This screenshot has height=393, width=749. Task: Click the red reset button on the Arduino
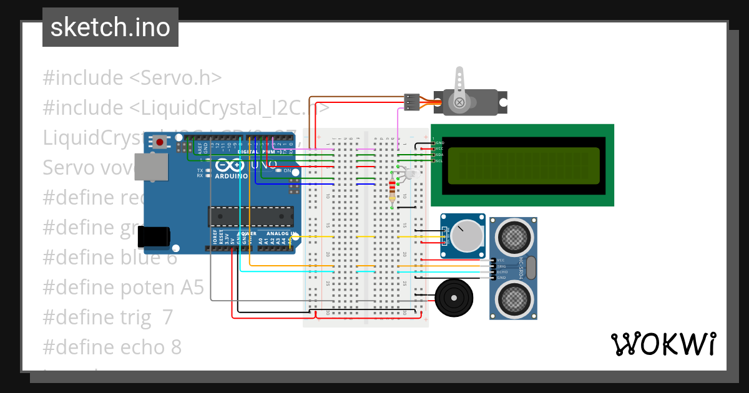pos(160,143)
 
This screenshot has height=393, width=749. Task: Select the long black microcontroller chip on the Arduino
pos(251,216)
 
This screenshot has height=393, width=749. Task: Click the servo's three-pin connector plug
pos(411,102)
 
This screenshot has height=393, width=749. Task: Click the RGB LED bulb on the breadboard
pos(407,175)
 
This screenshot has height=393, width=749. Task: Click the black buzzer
pos(455,298)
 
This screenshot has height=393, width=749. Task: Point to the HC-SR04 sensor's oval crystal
pos(531,268)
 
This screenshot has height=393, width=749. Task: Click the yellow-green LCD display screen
pos(523,165)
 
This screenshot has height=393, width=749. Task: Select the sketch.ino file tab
pos(110,27)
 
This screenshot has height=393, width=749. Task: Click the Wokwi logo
pos(663,344)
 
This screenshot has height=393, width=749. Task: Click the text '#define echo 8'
pos(112,347)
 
